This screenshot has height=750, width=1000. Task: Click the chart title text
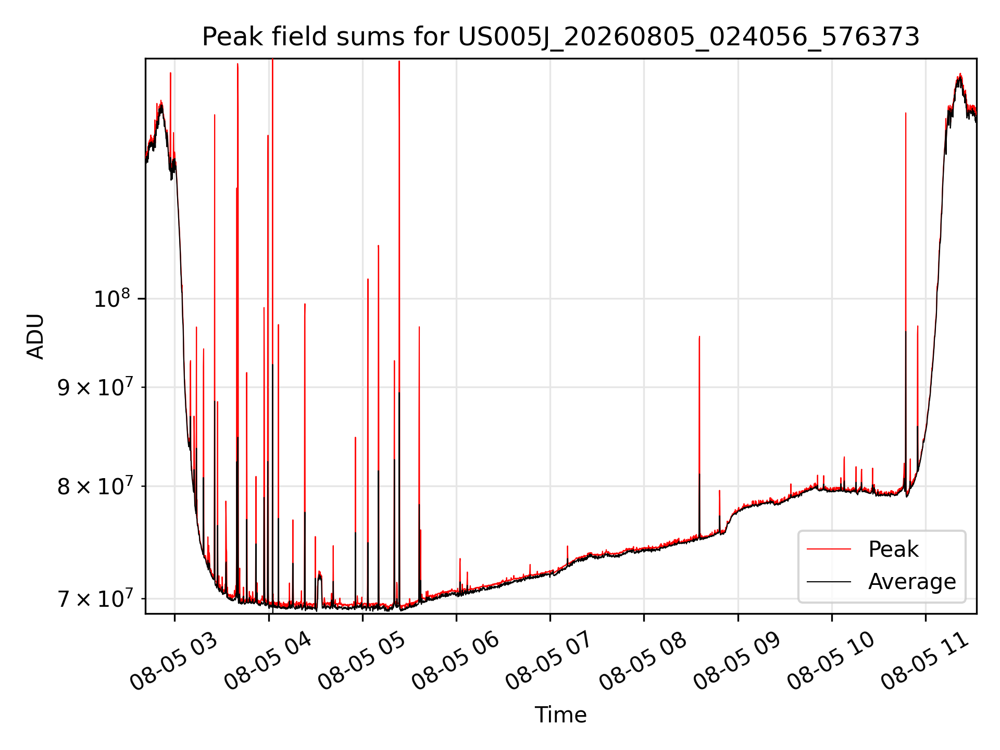point(561,36)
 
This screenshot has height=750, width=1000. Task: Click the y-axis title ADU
point(35,336)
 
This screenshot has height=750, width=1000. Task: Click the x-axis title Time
point(561,715)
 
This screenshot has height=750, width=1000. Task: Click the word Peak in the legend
point(893,549)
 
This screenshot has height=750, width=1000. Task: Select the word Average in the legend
point(912,581)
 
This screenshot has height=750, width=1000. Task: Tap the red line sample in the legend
point(829,549)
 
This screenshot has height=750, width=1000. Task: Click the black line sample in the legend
point(829,581)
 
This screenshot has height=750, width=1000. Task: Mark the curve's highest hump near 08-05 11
point(959,78)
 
